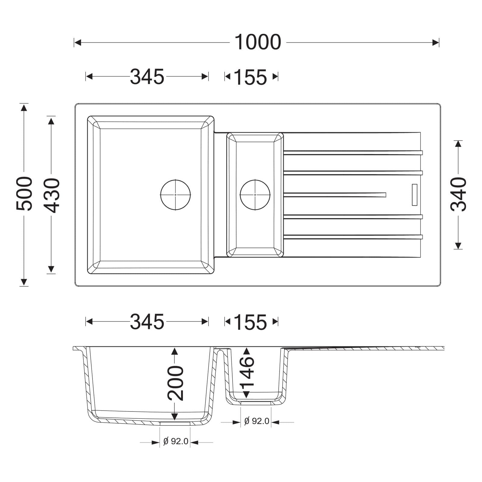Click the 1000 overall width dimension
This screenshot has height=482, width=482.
point(258,42)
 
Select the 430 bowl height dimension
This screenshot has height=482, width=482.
point(52,195)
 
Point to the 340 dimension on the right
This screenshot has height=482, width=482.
point(458,194)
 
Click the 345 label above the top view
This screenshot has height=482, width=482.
point(147,77)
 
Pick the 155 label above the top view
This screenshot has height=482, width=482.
point(250,77)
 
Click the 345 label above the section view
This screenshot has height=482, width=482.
point(147,321)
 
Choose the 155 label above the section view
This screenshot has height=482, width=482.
point(250,322)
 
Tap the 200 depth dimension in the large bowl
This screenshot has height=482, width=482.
point(175,383)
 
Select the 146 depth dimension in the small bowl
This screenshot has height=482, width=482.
point(247,371)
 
